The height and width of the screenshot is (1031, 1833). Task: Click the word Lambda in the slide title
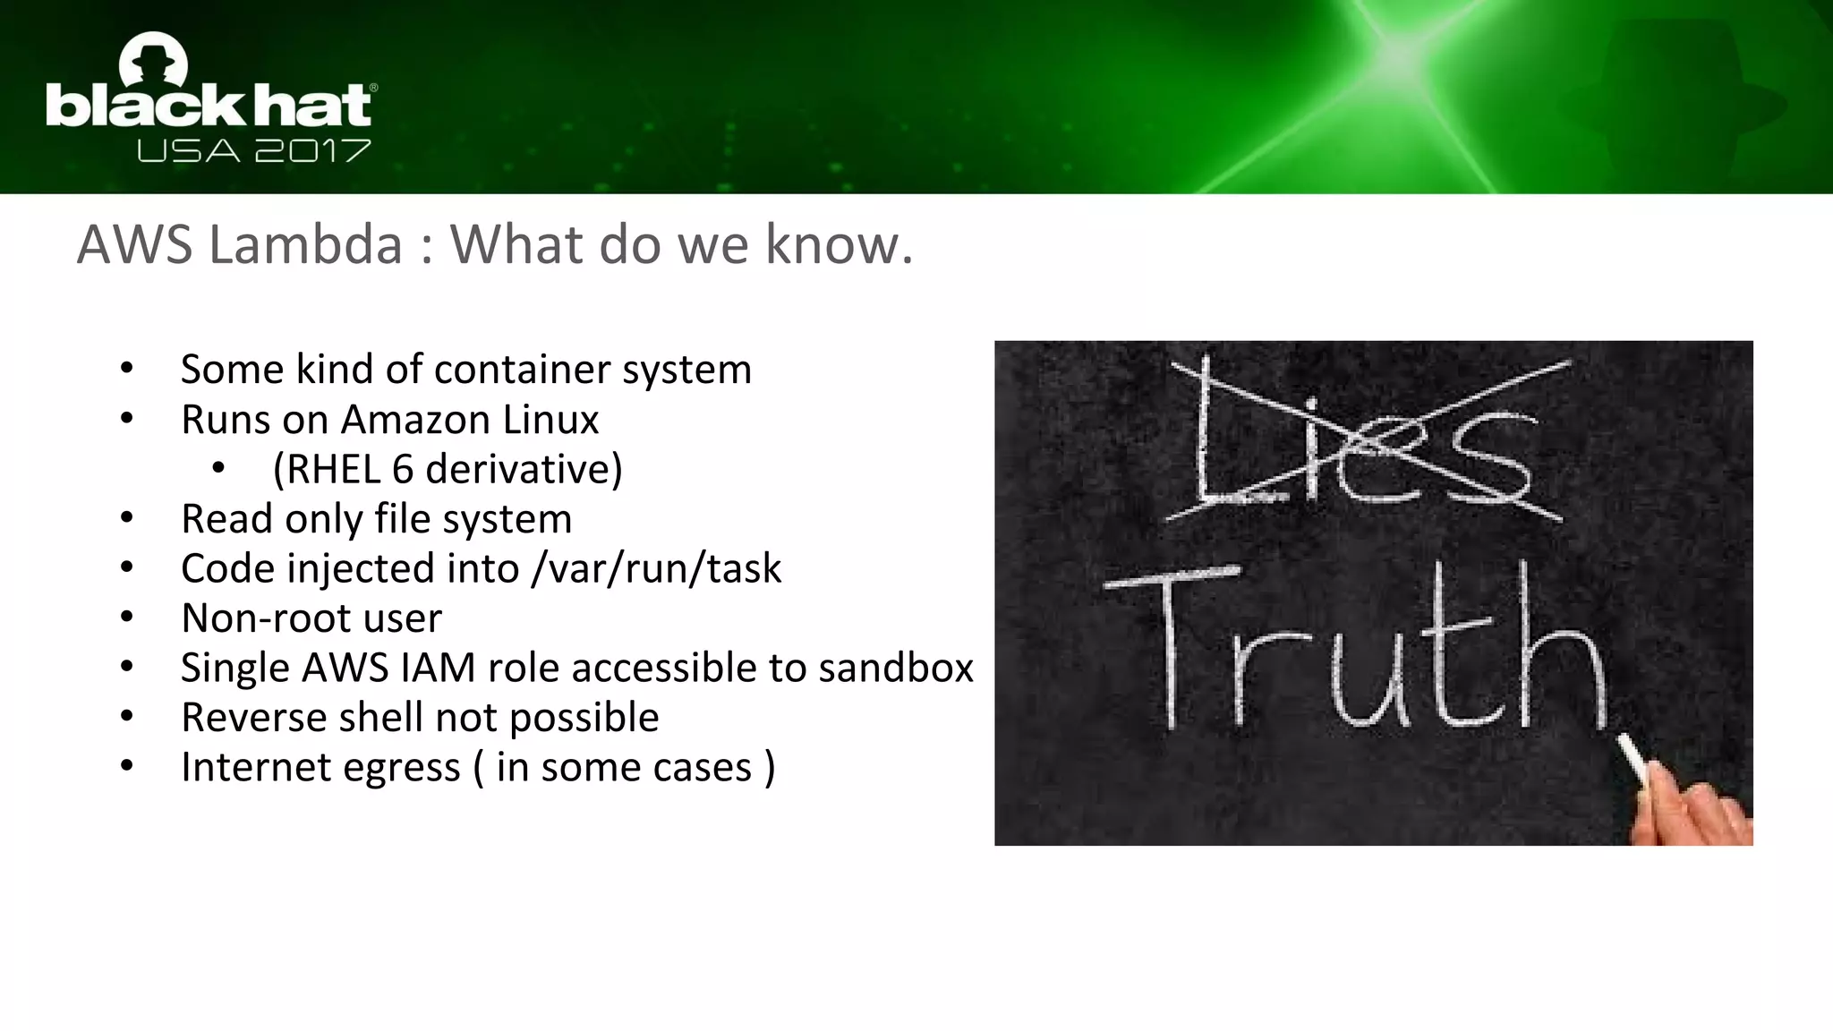(x=305, y=244)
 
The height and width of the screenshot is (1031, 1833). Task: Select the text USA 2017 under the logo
(x=253, y=150)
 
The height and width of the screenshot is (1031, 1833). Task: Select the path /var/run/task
(x=656, y=569)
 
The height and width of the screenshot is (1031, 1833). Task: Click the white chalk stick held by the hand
(x=1633, y=759)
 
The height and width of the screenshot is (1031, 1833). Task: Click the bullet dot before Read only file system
(x=127, y=518)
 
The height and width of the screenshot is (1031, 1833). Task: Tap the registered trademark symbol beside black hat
(x=373, y=88)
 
